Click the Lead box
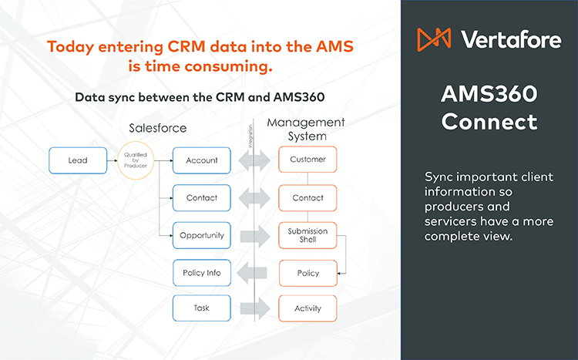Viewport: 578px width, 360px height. click(77, 160)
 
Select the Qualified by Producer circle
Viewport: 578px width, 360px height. click(136, 160)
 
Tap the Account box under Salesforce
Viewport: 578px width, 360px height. click(202, 160)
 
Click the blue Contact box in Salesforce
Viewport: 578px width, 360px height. click(202, 198)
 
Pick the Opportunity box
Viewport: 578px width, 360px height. click(202, 235)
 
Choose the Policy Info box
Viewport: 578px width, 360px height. click(202, 272)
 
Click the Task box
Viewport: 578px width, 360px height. click(202, 308)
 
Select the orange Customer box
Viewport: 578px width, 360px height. click(307, 160)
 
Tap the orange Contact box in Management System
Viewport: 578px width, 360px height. click(307, 198)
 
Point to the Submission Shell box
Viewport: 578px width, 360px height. click(307, 235)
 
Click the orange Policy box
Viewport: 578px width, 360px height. click(307, 272)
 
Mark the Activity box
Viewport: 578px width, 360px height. click(307, 308)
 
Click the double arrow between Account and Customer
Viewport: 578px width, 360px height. click(255, 160)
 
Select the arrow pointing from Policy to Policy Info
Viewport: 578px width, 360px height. click(254, 272)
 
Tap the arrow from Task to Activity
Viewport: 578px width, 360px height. click(255, 308)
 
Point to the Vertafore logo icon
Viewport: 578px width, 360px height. click(434, 39)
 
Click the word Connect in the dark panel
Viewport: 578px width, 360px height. click(489, 122)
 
